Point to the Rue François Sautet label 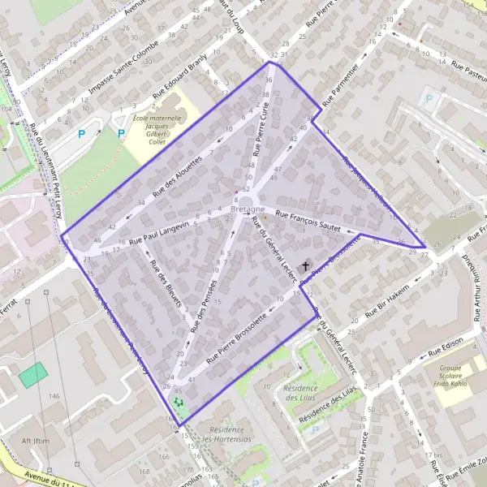(307, 220)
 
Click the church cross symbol (306, 265)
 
